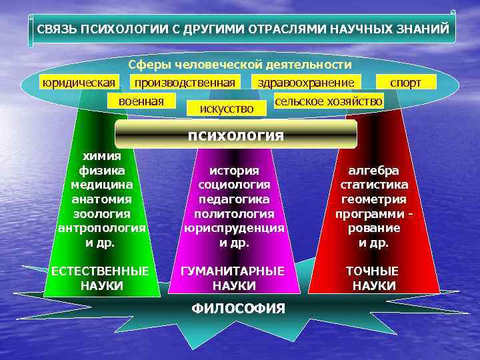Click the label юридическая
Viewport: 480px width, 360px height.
pyautogui.click(x=78, y=82)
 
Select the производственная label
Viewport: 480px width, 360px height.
pyautogui.click(x=184, y=82)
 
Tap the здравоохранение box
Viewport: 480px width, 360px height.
pyautogui.click(x=307, y=82)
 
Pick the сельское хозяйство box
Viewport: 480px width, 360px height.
pyautogui.click(x=329, y=101)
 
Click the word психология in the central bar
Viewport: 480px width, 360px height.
pyautogui.click(x=236, y=135)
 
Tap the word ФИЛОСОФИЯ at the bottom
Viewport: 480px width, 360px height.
pyautogui.click(x=238, y=309)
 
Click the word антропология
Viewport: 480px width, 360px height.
pyautogui.click(x=101, y=228)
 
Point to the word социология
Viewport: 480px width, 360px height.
pyautogui.click(x=234, y=185)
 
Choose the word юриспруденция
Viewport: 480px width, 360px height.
pyautogui.click(x=234, y=228)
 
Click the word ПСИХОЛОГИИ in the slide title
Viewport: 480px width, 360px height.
pyautogui.click(x=121, y=30)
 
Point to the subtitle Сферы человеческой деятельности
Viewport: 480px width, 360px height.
pyautogui.click(x=239, y=65)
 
